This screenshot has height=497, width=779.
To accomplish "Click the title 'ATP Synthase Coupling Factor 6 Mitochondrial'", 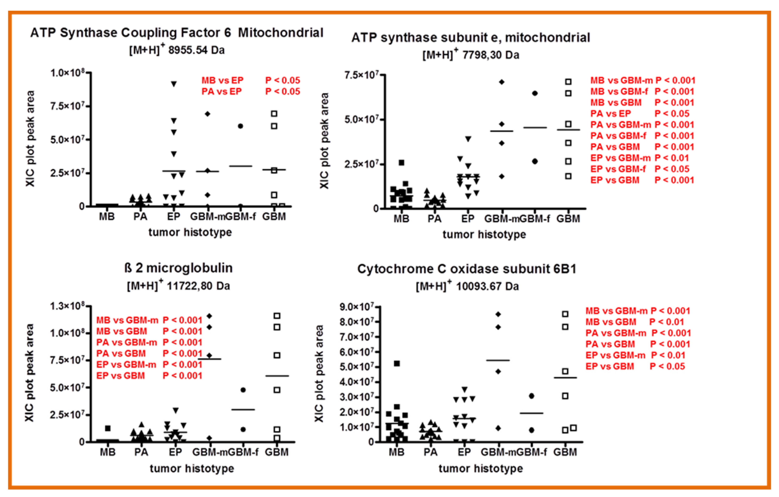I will tap(177, 33).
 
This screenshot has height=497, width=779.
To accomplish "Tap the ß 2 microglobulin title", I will tap(178, 268).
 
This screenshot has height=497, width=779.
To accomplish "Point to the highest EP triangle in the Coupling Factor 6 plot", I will tap(174, 84).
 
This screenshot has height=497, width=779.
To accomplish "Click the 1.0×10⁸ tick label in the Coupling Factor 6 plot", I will tap(67, 73).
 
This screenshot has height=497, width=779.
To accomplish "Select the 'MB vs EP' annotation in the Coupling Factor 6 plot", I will tap(222, 80).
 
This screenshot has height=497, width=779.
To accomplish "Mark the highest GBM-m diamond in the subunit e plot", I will tap(502, 82).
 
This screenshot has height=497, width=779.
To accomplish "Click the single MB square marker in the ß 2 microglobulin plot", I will tap(108, 428).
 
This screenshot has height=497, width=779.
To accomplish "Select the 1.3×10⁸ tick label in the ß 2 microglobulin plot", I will tap(67, 306).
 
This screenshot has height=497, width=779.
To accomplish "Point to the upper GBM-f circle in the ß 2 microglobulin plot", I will tap(243, 390).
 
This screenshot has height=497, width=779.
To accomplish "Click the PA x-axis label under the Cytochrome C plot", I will tap(430, 452).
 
